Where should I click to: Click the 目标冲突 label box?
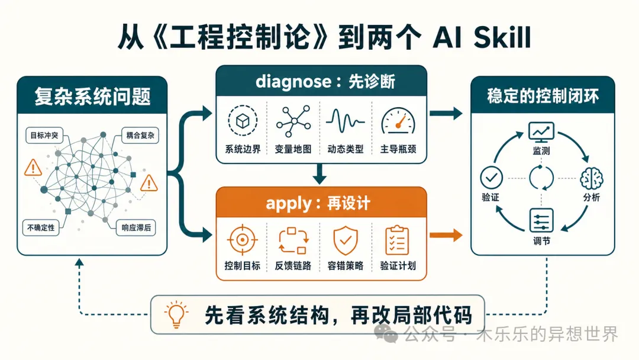tap(44, 135)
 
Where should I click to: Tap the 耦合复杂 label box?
tap(140, 135)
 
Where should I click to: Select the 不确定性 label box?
tap(41, 227)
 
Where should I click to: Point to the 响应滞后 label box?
tap(136, 227)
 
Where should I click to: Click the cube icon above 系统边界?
tap(243, 121)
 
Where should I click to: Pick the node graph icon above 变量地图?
tap(293, 121)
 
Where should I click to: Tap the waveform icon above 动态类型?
tap(345, 121)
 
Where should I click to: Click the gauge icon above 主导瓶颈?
tap(398, 121)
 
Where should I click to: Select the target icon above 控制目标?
tap(243, 240)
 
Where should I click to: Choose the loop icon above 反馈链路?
tap(293, 240)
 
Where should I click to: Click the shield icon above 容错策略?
tap(346, 240)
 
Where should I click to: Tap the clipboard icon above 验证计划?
tap(398, 240)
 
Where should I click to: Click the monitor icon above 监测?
tap(541, 132)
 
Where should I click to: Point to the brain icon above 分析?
tap(592, 178)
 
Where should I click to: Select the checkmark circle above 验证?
tap(492, 178)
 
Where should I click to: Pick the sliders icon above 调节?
tap(541, 221)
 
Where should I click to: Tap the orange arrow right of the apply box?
tap(446, 235)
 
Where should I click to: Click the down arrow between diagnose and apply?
tap(320, 173)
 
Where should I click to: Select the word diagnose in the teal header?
tap(293, 82)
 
